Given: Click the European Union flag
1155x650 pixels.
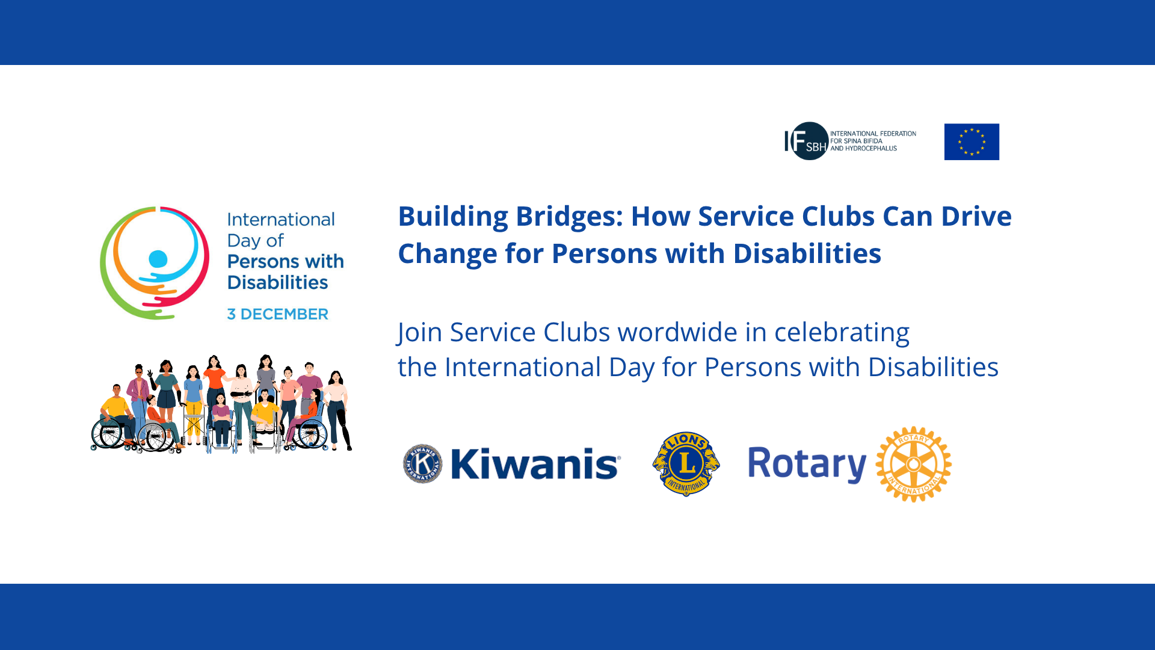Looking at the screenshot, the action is pyautogui.click(x=972, y=141).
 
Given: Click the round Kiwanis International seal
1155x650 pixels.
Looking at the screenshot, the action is pyautogui.click(x=422, y=463).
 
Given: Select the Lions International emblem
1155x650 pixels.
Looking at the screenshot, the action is pyautogui.click(x=686, y=463).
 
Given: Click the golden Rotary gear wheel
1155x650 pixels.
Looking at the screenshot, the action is pyautogui.click(x=913, y=464).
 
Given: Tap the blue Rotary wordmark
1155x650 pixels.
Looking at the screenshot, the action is pyautogui.click(x=807, y=464).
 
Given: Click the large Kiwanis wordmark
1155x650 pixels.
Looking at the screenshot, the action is pyautogui.click(x=535, y=463).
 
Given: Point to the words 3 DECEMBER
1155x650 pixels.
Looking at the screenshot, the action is pyautogui.click(x=277, y=314).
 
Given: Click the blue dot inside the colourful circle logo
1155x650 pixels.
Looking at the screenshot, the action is pyautogui.click(x=158, y=259).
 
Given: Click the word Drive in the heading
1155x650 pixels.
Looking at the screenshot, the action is pyautogui.click(x=976, y=216).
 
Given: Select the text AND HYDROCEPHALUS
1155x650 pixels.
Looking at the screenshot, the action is pyautogui.click(x=863, y=149).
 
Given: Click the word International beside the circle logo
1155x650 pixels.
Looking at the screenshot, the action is pyautogui.click(x=281, y=220).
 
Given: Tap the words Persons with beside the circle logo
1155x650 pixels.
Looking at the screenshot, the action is pyautogui.click(x=286, y=261).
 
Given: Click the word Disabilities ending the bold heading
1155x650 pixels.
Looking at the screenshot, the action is pyautogui.click(x=807, y=253).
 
